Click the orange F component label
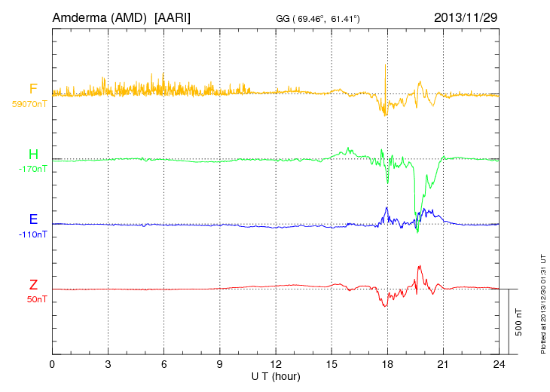[33, 89]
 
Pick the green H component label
[33, 155]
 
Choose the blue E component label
[33, 219]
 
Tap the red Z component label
[33, 285]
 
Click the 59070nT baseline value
[29, 103]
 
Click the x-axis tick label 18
[387, 364]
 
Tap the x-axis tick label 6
[163, 364]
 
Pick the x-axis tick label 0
[52, 364]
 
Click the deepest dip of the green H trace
[417, 231]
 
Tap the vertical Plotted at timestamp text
[543, 302]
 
